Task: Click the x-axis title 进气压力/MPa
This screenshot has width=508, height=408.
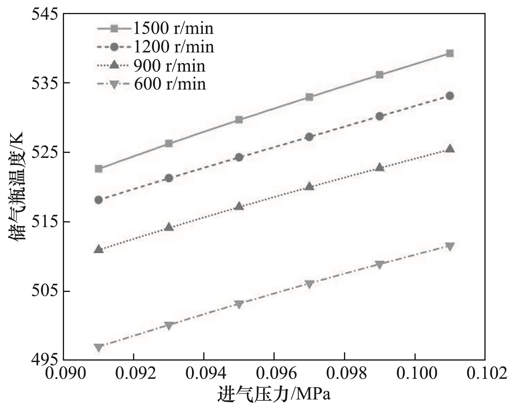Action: (x=274, y=395)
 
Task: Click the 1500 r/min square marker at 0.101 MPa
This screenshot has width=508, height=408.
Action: (x=450, y=53)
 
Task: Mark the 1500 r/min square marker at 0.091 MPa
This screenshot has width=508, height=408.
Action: (x=99, y=169)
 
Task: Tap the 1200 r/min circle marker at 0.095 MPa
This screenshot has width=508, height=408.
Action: (x=239, y=157)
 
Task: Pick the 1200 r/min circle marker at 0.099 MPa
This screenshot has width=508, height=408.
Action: (x=380, y=116)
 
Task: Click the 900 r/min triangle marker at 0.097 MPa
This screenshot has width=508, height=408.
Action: (x=309, y=186)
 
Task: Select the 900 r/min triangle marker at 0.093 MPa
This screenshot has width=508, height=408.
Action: (x=169, y=227)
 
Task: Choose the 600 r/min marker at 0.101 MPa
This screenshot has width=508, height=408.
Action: (x=450, y=247)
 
